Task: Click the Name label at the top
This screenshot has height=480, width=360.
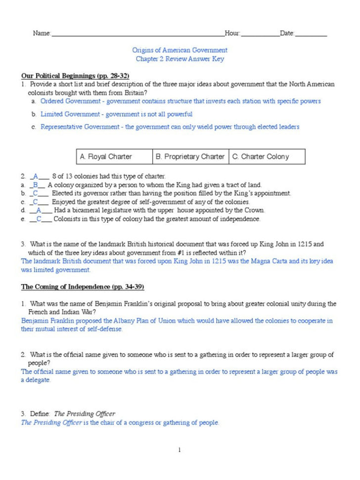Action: click(x=42, y=33)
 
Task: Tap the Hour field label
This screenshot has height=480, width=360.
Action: click(x=232, y=33)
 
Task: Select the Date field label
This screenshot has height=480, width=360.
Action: click(x=287, y=33)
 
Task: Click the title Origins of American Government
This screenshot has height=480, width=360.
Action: click(x=180, y=50)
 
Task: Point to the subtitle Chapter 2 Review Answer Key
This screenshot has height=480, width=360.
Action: click(x=180, y=59)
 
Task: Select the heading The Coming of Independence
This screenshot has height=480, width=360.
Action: click(x=82, y=287)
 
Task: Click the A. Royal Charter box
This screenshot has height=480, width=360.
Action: click(x=114, y=157)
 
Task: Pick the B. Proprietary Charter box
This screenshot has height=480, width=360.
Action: click(x=190, y=157)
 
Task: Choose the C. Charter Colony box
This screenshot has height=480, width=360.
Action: click(x=267, y=157)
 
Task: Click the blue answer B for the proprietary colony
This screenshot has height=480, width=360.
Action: click(x=36, y=185)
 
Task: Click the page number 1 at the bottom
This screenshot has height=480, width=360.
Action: click(x=180, y=450)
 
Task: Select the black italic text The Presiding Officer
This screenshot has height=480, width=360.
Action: click(x=85, y=414)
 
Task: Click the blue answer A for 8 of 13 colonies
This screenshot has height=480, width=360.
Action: click(x=36, y=176)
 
